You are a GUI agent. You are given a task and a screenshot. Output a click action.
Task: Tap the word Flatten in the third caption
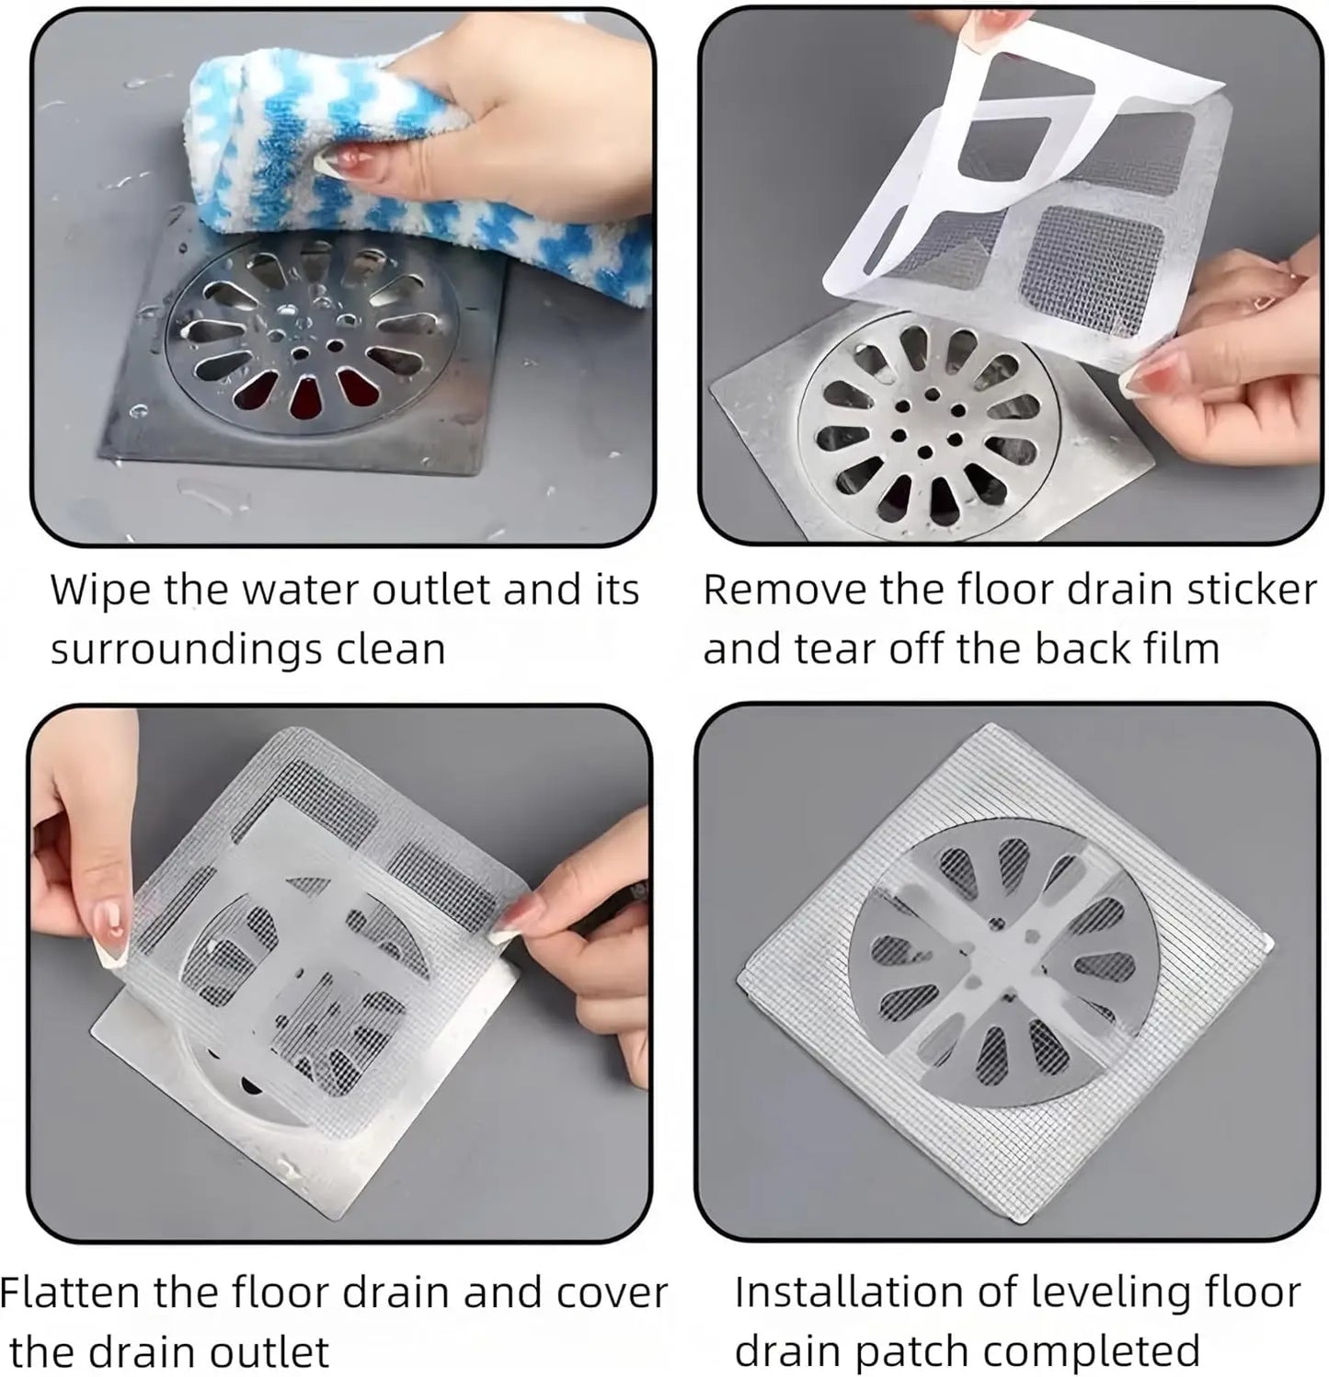(70, 1293)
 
